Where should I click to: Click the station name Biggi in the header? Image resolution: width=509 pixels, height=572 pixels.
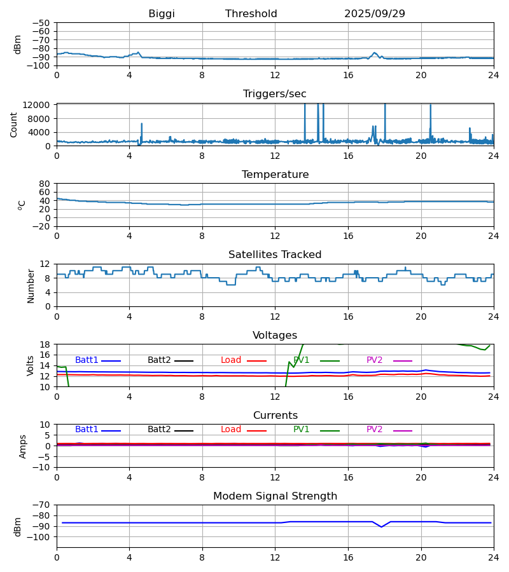(162, 14)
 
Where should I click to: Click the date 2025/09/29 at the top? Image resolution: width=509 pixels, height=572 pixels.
(374, 14)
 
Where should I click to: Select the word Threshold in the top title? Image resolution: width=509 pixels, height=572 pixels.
(251, 14)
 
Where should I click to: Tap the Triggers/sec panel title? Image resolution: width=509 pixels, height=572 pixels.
(275, 94)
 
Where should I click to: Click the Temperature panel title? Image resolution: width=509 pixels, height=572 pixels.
(275, 175)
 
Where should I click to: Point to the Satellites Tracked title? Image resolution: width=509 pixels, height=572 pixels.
(275, 255)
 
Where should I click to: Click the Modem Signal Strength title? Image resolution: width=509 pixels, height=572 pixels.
(275, 496)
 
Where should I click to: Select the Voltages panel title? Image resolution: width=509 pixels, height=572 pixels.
(275, 336)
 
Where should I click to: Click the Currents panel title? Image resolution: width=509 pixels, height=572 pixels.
(275, 416)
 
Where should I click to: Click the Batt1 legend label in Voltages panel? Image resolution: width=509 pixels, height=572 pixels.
(87, 360)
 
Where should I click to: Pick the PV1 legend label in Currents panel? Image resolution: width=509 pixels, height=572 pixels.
(301, 430)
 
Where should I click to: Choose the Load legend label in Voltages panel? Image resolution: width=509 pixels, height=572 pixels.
(231, 360)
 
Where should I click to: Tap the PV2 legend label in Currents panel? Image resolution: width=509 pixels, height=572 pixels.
(375, 430)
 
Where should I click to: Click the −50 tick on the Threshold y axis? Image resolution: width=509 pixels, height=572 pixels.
(42, 23)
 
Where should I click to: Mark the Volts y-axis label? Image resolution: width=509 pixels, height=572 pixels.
(31, 365)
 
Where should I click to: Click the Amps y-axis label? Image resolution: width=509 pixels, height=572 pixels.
(24, 446)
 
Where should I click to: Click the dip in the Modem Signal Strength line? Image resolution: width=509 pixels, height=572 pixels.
(382, 527)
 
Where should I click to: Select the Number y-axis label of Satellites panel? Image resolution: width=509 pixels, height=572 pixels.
(31, 285)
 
